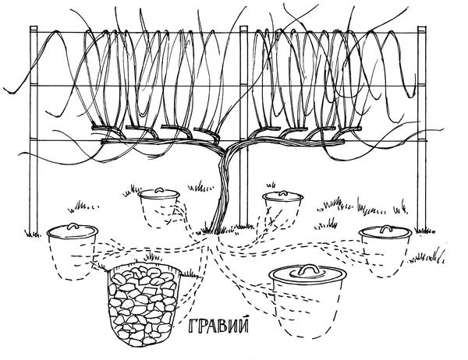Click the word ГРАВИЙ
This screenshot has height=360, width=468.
pyautogui.click(x=218, y=326)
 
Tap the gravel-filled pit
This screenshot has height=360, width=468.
pyautogui.click(x=144, y=305)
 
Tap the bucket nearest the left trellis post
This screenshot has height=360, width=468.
pyautogui.click(x=73, y=252)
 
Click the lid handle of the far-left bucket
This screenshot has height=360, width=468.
pyautogui.click(x=73, y=226)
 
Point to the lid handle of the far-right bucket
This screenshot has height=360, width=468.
pyautogui.click(x=386, y=228)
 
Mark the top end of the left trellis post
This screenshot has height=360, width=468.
pyautogui.click(x=34, y=26)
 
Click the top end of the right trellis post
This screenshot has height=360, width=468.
pyautogui.click(x=422, y=27)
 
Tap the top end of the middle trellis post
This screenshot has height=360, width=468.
pyautogui.click(x=244, y=26)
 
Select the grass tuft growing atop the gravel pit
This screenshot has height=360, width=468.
pyautogui.click(x=152, y=258)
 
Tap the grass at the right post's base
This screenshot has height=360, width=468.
pyautogui.click(x=424, y=230)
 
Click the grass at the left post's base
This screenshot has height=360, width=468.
pyautogui.click(x=32, y=233)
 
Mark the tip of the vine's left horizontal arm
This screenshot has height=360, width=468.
pyautogui.click(x=102, y=142)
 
